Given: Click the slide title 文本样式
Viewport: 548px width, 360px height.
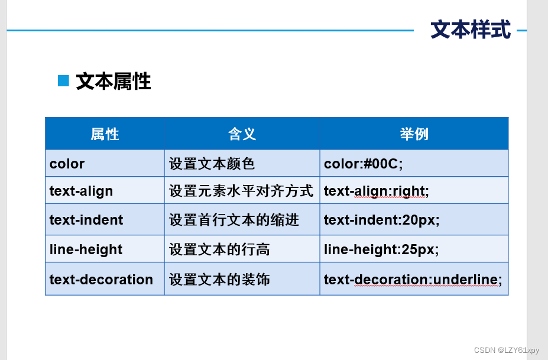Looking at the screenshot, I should click(x=471, y=30).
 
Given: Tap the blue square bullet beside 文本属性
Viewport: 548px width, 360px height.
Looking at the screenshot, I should click(x=63, y=81).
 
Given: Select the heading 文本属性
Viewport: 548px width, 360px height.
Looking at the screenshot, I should click(x=114, y=82).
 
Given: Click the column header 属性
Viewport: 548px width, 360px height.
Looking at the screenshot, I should click(x=105, y=134).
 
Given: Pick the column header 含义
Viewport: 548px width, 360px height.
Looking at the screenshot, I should click(x=242, y=134).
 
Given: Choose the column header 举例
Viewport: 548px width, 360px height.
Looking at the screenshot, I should click(x=414, y=134).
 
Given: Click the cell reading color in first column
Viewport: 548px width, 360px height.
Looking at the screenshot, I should click(x=67, y=164).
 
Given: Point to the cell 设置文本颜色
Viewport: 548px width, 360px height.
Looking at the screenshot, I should click(x=212, y=164).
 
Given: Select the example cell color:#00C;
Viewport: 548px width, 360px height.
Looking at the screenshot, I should click(x=364, y=164).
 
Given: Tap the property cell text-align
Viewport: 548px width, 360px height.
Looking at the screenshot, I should click(x=81, y=191).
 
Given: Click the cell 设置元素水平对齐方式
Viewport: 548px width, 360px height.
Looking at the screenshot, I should click(x=241, y=191).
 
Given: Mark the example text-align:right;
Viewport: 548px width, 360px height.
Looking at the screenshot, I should click(x=377, y=191).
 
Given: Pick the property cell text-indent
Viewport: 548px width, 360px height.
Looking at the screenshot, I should click(x=86, y=220).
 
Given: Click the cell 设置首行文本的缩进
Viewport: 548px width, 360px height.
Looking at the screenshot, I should click(x=234, y=220).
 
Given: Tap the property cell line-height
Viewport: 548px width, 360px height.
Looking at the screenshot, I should click(x=86, y=249).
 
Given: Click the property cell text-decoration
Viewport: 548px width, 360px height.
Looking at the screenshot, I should click(x=101, y=279).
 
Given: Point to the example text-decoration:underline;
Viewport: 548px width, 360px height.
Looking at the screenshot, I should click(x=413, y=279).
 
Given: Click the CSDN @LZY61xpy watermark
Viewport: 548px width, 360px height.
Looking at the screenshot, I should click(x=507, y=350).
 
